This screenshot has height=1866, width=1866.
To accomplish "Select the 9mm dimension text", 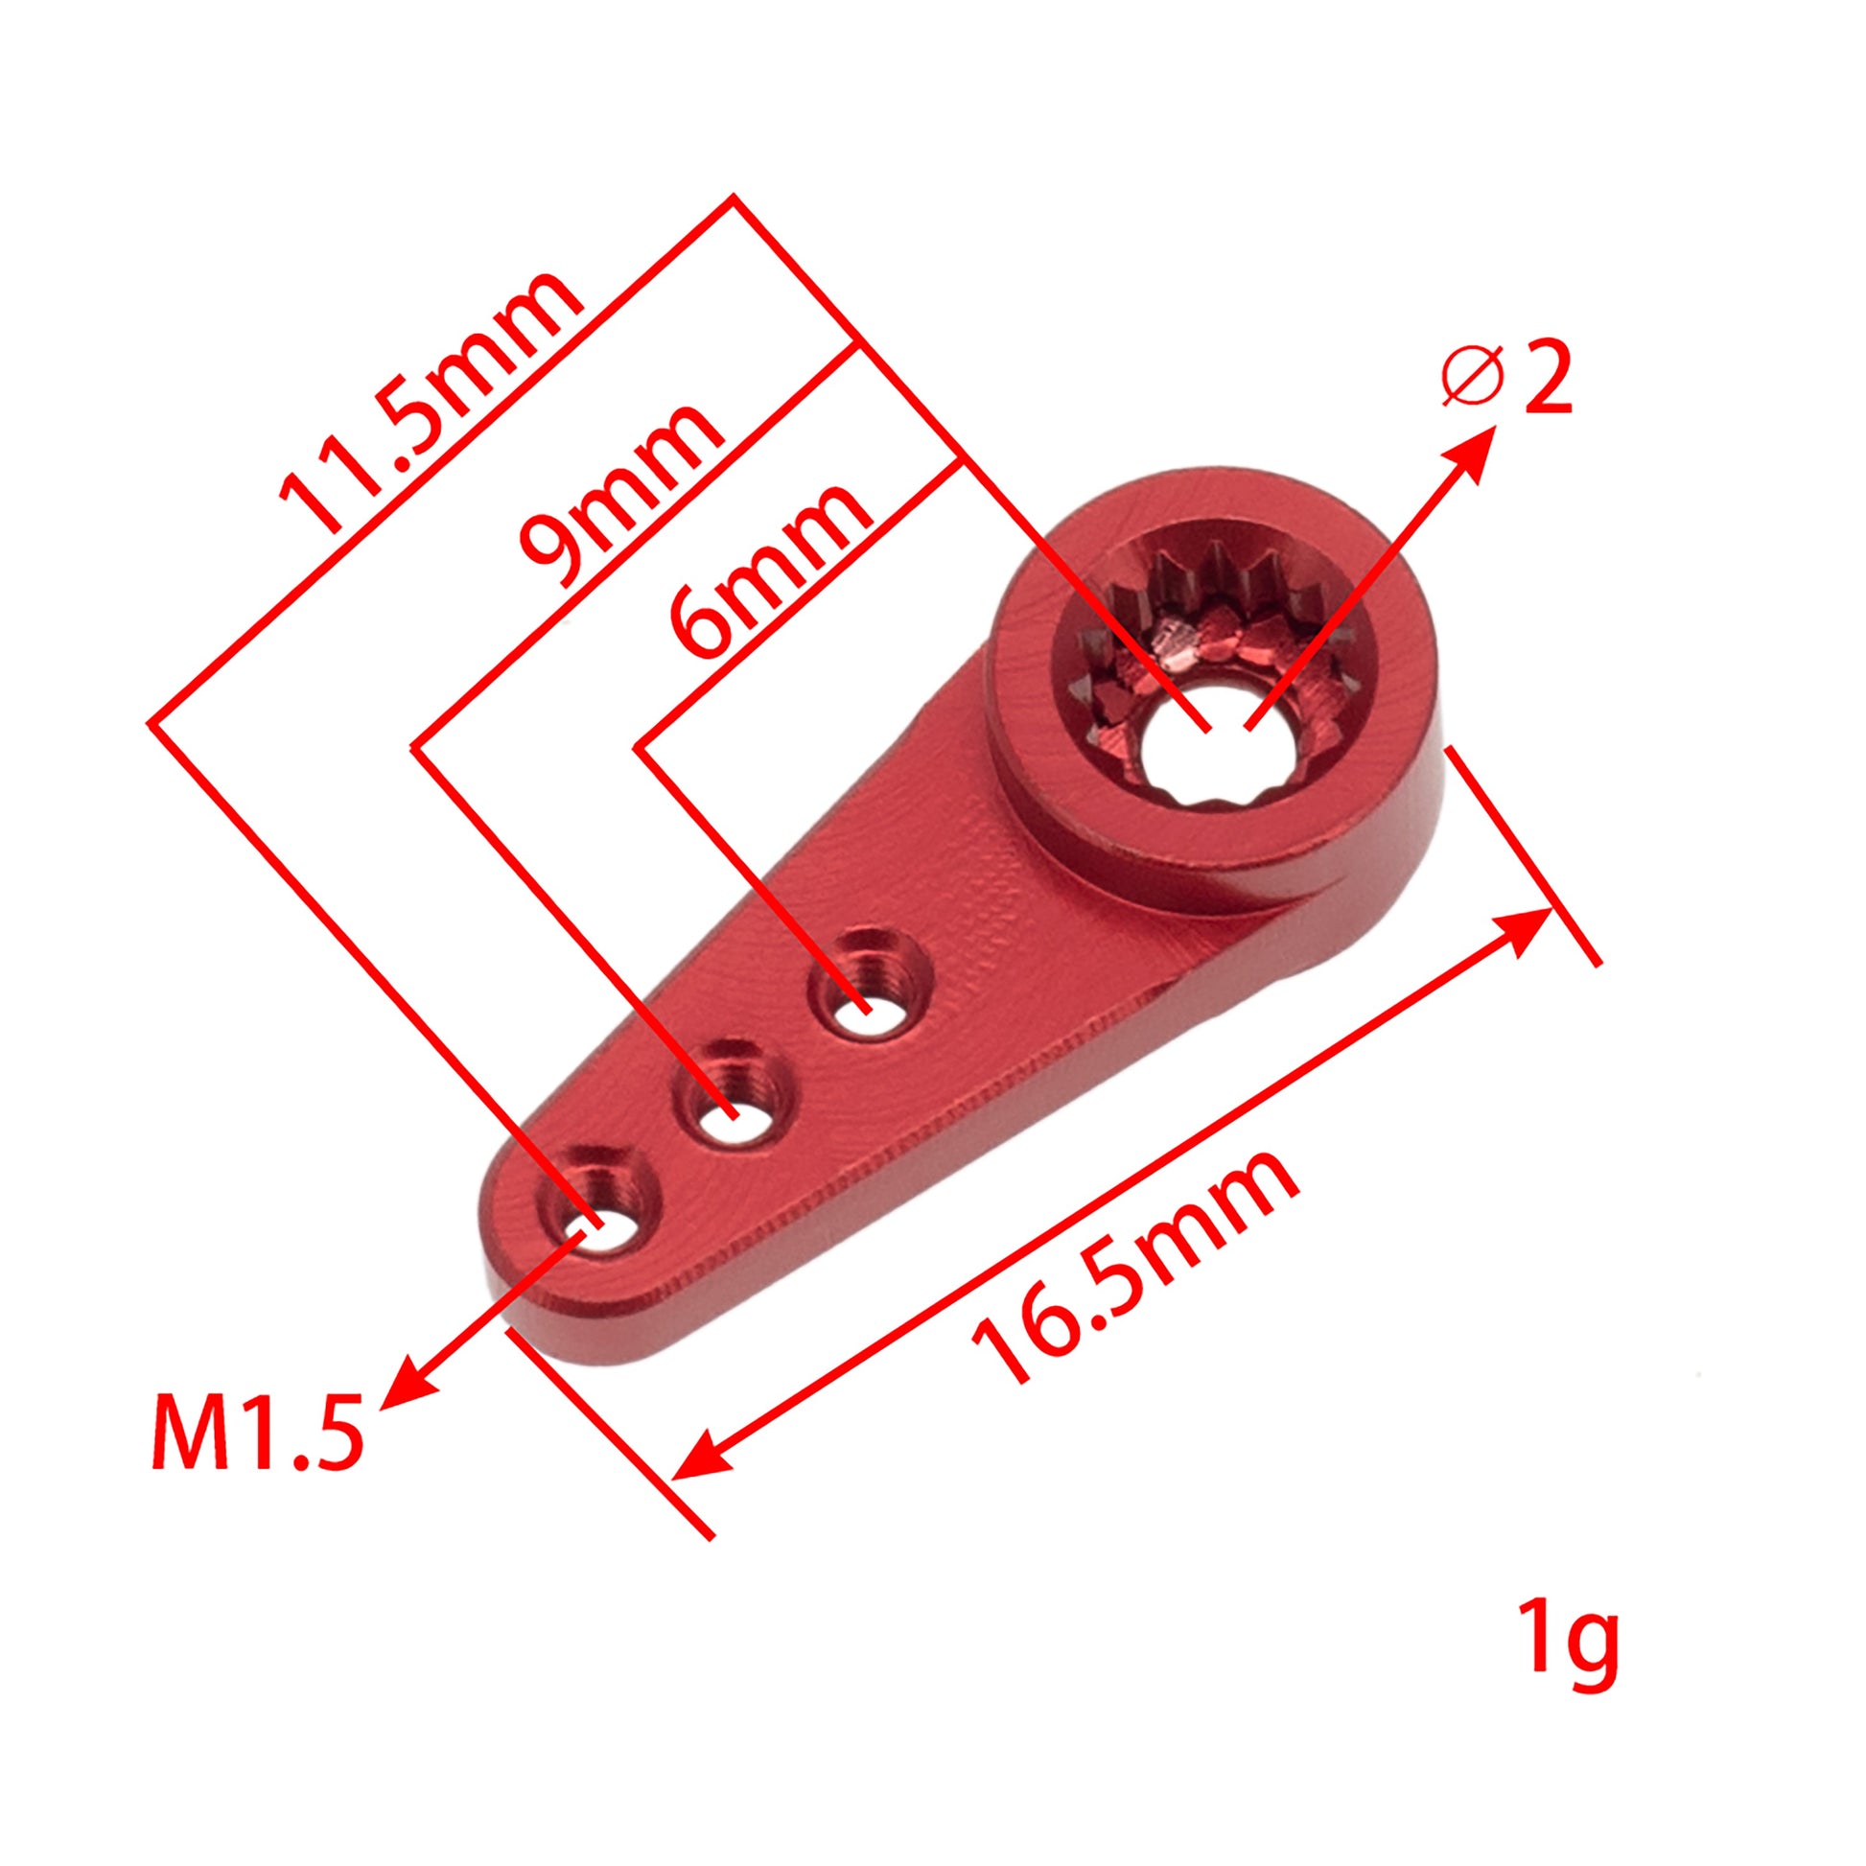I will point(618,498).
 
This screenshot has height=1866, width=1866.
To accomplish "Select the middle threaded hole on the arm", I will point(736,1117).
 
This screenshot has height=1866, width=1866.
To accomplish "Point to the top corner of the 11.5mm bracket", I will point(735,196).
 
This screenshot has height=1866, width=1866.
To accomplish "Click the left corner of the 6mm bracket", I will point(639,746).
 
